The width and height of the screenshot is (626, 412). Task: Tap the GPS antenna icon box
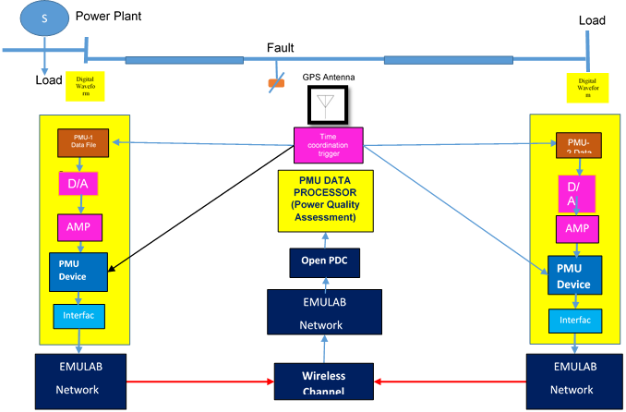(322, 104)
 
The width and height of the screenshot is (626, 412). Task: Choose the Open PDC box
(324, 261)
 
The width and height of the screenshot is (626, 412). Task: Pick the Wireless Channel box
(323, 382)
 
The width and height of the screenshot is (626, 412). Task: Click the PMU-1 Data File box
(83, 142)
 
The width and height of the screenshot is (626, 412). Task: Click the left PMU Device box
(78, 270)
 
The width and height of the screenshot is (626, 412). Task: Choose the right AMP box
(576, 229)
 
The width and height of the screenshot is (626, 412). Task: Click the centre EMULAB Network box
(324, 311)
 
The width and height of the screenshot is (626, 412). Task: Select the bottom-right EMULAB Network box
(575, 379)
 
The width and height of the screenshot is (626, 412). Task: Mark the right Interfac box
(575, 320)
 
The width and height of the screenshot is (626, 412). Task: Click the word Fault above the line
(281, 48)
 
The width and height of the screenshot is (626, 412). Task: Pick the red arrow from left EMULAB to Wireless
(195, 379)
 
